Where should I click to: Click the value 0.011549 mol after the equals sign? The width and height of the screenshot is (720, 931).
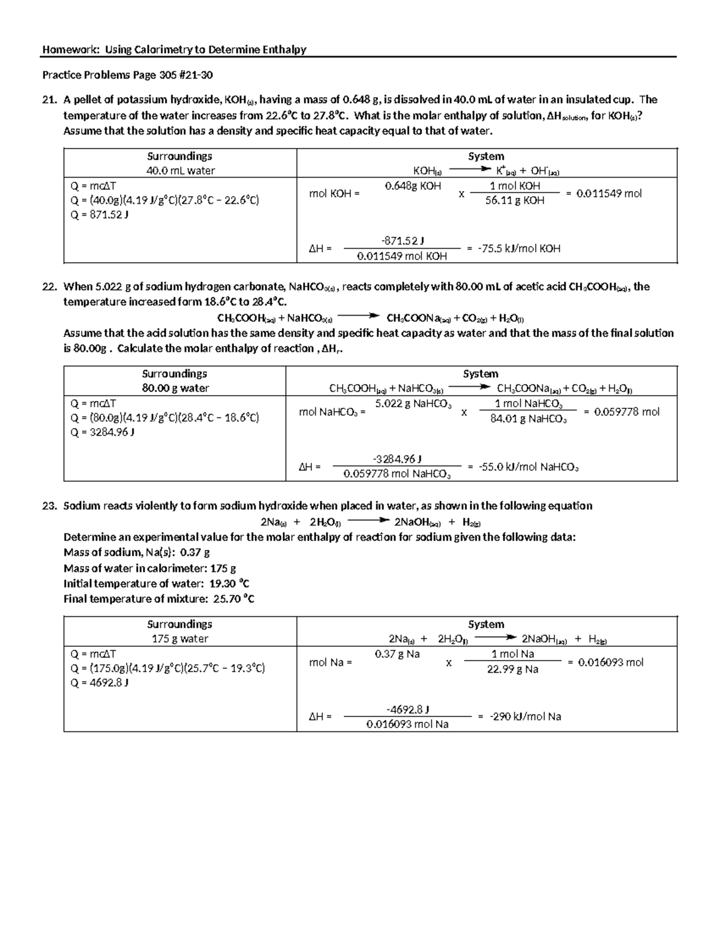[608, 193]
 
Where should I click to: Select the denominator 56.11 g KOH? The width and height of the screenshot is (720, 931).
[515, 201]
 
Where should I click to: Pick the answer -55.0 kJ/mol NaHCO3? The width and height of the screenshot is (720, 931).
[528, 466]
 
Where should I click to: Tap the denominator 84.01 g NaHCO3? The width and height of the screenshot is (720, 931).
[528, 418]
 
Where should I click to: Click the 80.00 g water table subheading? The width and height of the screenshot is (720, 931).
[175, 388]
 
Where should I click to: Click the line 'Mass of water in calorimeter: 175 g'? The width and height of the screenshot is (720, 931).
[149, 568]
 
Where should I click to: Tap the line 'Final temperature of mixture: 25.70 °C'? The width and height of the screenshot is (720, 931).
[159, 598]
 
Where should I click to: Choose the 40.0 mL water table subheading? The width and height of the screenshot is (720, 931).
[181, 170]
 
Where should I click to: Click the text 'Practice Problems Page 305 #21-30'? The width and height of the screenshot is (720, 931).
[127, 76]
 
